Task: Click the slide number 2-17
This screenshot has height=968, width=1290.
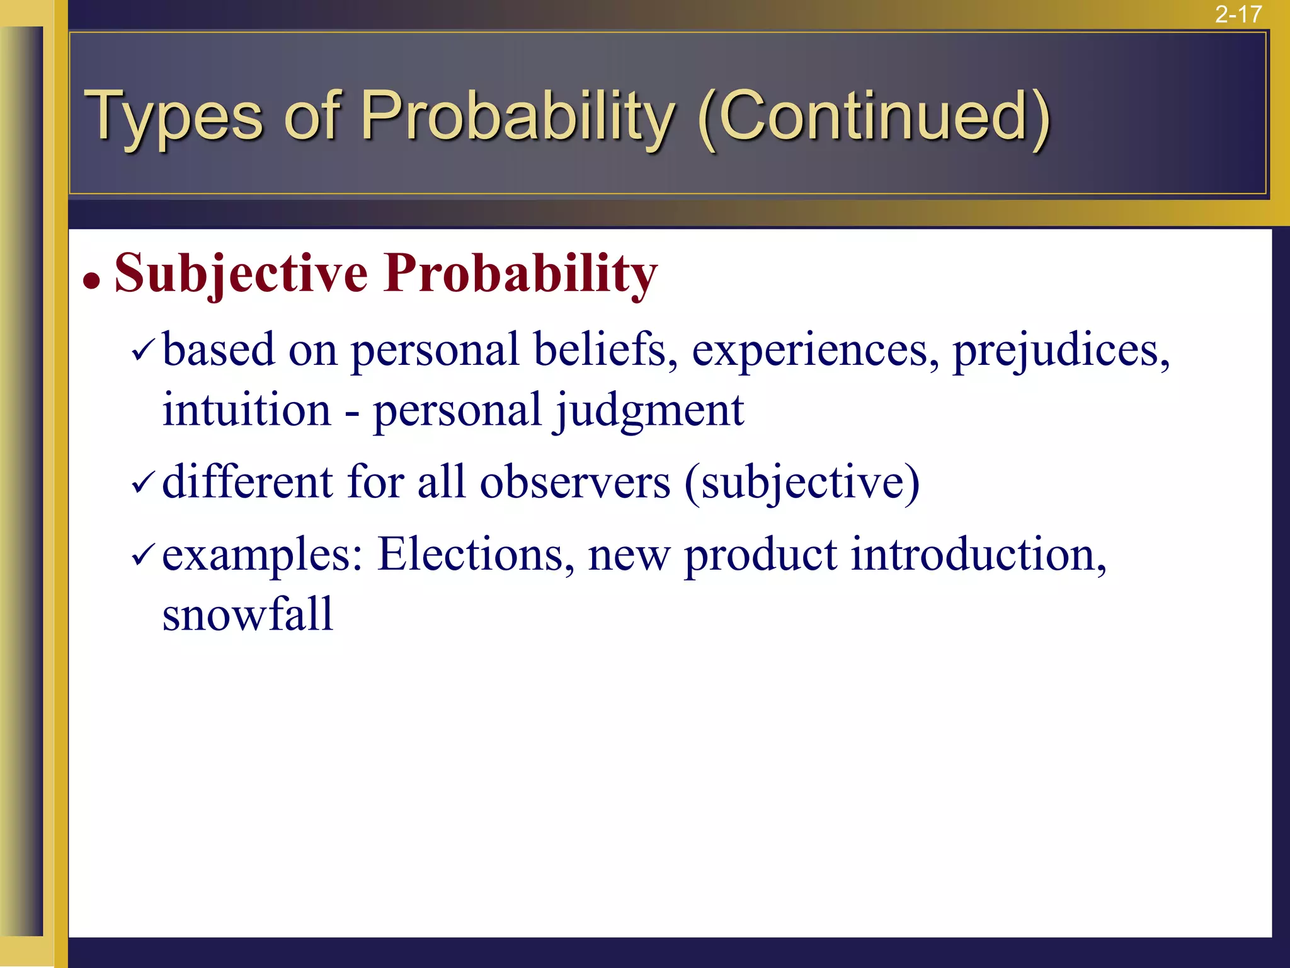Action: [x=1238, y=14]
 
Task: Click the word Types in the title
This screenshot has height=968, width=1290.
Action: [x=173, y=117]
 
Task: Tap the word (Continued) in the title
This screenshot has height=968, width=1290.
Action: [x=874, y=117]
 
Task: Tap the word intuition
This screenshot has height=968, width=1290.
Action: [x=246, y=410]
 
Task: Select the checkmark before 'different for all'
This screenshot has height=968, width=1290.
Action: [x=142, y=484]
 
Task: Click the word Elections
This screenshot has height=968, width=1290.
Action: [x=476, y=555]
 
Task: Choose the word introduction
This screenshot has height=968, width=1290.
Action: [x=978, y=555]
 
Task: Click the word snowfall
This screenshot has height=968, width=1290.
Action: [x=247, y=614]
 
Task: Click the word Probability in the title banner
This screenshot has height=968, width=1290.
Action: [x=517, y=117]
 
